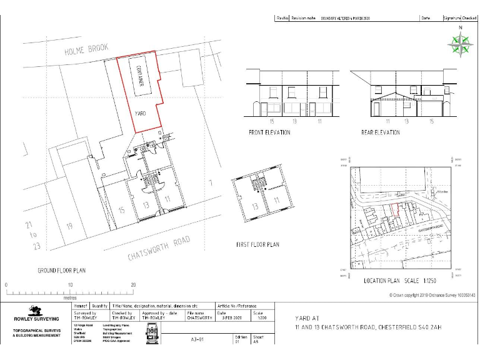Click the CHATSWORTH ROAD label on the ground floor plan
(158, 248)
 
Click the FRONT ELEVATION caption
(269, 133)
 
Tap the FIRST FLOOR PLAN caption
(257, 244)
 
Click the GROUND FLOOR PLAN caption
(61, 271)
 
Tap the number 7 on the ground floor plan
(211, 183)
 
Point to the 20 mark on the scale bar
(133, 285)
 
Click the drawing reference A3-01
(198, 341)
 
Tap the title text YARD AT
(307, 318)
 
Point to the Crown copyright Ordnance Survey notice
(428, 294)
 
